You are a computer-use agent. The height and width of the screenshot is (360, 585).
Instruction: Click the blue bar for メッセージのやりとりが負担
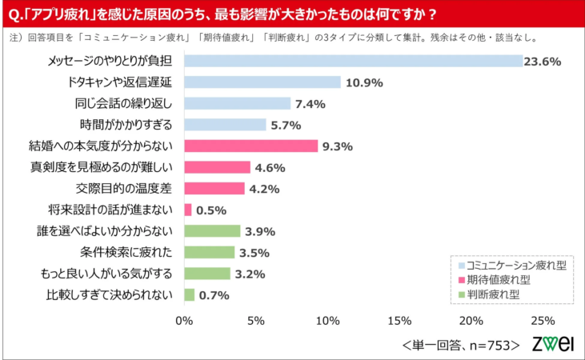[x=352, y=61]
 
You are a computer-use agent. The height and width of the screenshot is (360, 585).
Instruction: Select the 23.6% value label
[x=542, y=61]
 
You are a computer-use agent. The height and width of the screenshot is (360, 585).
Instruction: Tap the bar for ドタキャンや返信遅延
[x=262, y=82]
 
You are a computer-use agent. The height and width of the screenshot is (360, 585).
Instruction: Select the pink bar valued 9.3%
[x=250, y=146]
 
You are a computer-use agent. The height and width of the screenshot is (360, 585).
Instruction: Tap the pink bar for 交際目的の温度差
[x=214, y=188]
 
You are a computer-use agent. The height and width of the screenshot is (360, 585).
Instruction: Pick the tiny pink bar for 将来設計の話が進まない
[x=188, y=210]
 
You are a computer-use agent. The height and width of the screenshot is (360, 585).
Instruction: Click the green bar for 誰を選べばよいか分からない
[x=212, y=230]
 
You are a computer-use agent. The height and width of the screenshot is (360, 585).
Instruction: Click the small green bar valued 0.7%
[x=189, y=294]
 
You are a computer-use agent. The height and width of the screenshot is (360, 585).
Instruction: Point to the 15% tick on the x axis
[x=399, y=321]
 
